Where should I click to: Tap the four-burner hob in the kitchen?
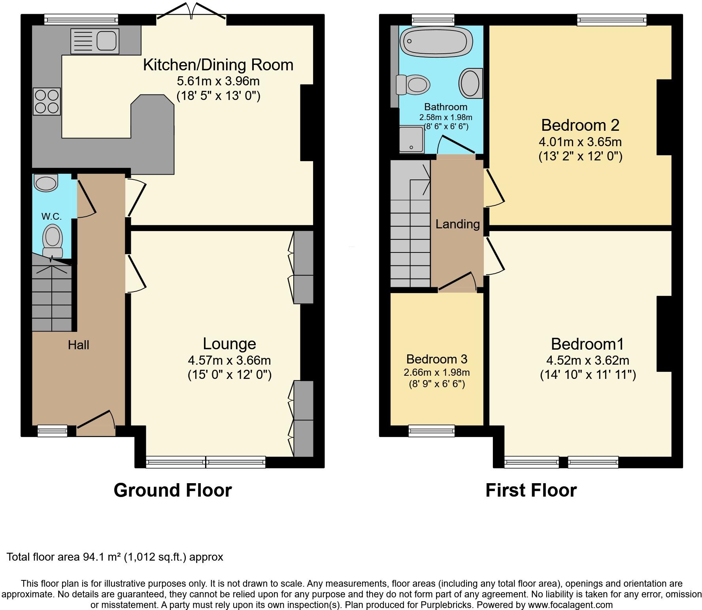point(47,102)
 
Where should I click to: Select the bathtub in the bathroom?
point(436,42)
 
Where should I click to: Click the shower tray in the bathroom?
point(411,139)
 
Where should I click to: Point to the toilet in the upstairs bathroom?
point(413,84)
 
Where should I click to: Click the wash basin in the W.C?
point(46,183)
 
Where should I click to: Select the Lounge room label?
point(229,344)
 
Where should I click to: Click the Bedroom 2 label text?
point(580,125)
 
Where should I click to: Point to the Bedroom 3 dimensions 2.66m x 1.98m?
point(436,372)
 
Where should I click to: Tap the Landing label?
point(457,224)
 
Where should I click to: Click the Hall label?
point(78,345)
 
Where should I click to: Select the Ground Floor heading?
point(172,490)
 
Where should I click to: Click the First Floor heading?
point(531,490)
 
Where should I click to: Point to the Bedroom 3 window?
point(431,431)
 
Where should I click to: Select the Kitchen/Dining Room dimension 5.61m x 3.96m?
point(218,81)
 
